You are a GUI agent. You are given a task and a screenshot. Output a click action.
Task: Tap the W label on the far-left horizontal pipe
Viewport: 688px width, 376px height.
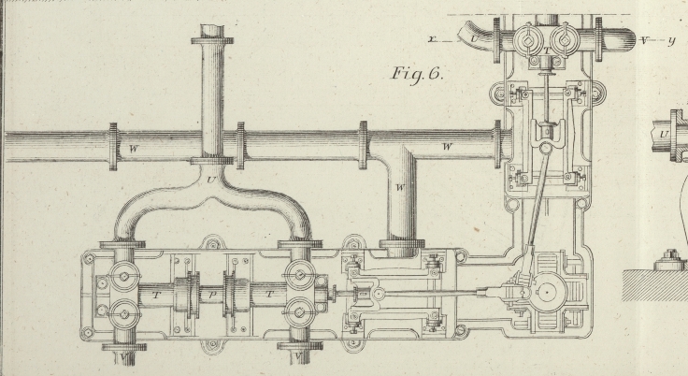[134, 147]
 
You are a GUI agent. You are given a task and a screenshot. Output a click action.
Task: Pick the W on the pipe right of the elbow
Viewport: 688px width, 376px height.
[447, 147]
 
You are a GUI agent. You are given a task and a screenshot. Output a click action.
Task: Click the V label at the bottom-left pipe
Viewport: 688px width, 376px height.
[122, 356]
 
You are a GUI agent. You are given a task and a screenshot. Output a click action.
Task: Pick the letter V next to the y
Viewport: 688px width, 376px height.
[645, 41]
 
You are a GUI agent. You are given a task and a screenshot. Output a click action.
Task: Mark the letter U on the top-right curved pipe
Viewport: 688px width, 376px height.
[475, 41]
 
